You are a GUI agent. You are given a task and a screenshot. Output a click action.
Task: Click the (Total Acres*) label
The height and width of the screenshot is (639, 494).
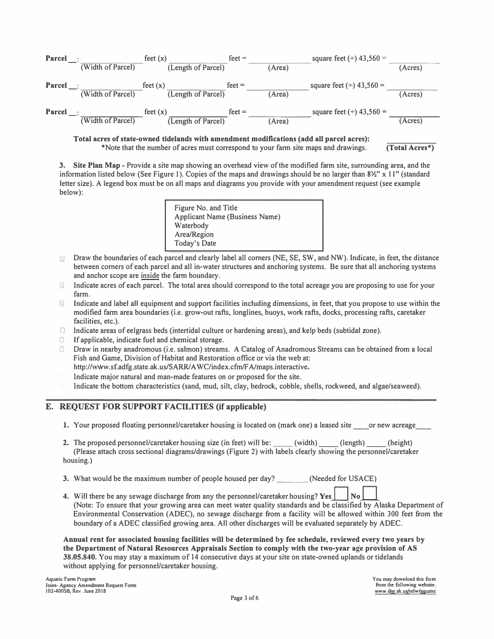tap(410, 148)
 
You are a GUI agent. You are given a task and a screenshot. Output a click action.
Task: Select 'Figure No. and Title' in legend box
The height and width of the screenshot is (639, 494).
tap(206, 208)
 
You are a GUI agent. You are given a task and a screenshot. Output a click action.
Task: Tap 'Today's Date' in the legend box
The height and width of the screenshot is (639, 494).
tap(195, 243)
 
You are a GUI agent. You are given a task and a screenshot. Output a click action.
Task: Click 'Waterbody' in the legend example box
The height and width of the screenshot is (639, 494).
tap(191, 225)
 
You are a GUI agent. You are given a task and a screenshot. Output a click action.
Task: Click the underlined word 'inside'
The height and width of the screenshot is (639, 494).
tap(150, 275)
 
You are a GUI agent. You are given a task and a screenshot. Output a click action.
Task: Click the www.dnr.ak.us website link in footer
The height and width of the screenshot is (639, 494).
tap(405, 591)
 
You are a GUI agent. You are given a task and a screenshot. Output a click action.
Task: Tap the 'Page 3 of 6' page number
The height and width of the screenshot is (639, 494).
tap(244, 598)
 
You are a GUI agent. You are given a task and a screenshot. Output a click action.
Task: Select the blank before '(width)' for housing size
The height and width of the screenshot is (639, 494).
tap(282, 443)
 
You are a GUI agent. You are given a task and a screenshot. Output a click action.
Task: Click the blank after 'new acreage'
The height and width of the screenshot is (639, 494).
tap(424, 425)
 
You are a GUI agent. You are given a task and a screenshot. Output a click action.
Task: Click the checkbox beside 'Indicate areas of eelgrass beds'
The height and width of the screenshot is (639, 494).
tap(62, 331)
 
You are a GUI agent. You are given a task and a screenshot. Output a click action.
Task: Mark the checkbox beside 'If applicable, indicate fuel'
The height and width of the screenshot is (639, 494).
tap(62, 340)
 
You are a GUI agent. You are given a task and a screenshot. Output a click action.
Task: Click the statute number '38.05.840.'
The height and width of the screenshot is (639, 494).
tap(80, 557)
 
